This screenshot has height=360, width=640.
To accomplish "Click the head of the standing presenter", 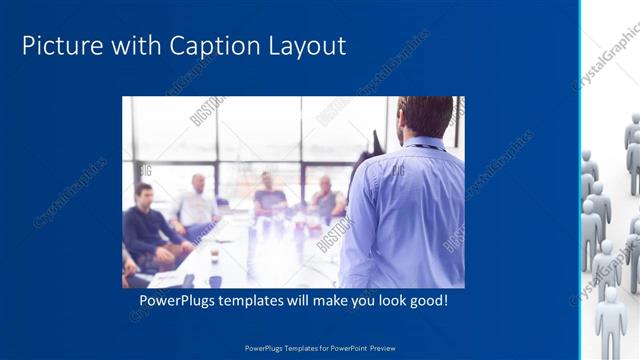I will [424, 116].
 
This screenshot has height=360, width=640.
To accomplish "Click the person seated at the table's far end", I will [268, 195].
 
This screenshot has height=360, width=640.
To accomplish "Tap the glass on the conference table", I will [214, 256].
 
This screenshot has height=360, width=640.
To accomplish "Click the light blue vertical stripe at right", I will [581, 180].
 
